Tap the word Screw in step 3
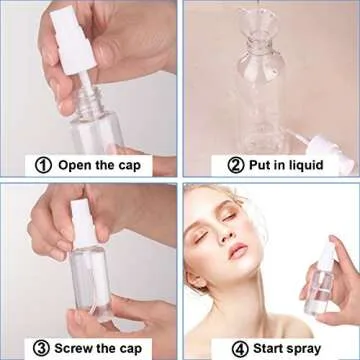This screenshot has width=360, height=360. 82,348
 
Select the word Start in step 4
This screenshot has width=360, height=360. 273,348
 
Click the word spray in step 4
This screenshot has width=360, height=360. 317,348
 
